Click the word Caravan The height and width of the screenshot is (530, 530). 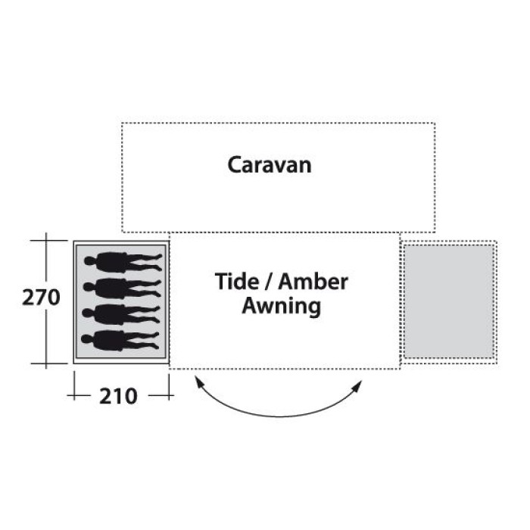coord(270,165)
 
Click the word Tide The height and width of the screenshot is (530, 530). coord(237,282)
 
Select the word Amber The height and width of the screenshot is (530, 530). coord(313,282)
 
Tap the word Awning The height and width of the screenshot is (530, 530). coord(281,307)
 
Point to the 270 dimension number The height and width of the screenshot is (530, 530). coord(41,298)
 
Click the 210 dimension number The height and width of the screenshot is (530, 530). coord(118,396)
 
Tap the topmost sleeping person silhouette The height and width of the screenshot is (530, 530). coord(123,262)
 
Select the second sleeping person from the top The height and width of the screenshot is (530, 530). coord(122,288)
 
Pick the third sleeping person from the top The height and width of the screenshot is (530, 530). coord(121,314)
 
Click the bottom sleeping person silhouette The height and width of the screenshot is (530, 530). coord(120,341)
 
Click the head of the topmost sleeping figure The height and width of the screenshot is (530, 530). coord(89,261)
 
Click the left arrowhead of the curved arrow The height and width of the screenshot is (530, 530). coord(199,382)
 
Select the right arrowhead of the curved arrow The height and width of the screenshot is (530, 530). coord(357,385)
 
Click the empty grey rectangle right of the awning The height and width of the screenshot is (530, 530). coord(449,301)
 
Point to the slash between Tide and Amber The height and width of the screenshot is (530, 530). coord(268,282)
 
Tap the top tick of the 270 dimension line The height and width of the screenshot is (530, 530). coord(46,240)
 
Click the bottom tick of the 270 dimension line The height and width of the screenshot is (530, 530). coord(46,363)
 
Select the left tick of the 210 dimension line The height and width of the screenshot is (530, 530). coord(74,394)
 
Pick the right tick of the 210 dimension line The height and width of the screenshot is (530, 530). coord(169,394)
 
